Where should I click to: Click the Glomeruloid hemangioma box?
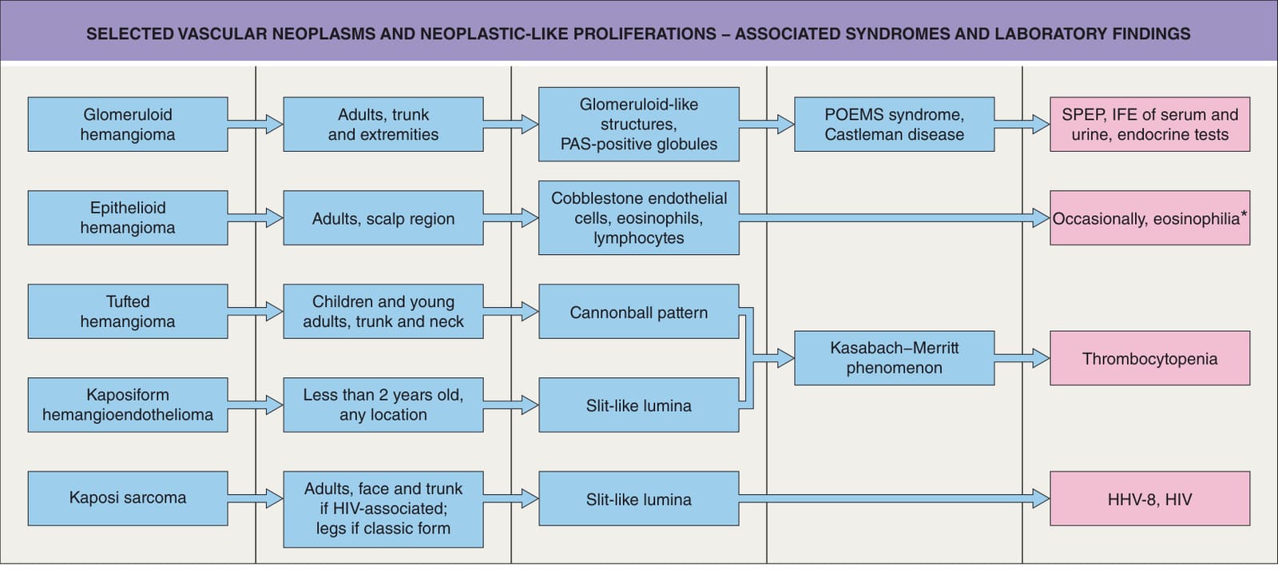click(x=128, y=124)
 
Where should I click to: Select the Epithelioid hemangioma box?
click(x=128, y=217)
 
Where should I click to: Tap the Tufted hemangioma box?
click(x=128, y=311)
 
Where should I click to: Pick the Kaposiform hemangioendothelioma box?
click(x=128, y=405)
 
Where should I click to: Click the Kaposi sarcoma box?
click(x=128, y=498)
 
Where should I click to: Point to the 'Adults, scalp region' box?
click(x=383, y=217)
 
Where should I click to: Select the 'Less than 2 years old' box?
click(x=383, y=405)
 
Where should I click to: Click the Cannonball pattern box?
click(x=639, y=311)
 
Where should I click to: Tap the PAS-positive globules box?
click(x=639, y=124)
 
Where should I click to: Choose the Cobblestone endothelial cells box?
click(x=639, y=217)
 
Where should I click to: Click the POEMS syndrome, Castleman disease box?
click(x=895, y=124)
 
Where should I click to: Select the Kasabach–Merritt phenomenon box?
click(x=895, y=358)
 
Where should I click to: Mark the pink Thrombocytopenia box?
click(x=1150, y=358)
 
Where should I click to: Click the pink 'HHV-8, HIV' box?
click(x=1150, y=498)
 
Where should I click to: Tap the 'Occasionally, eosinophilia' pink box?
click(x=1150, y=217)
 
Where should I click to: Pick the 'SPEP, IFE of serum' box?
click(x=1150, y=124)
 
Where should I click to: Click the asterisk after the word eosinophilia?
click(x=1244, y=214)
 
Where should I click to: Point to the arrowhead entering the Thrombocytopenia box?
click(x=1042, y=358)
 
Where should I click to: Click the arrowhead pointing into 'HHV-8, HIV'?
click(x=1042, y=499)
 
